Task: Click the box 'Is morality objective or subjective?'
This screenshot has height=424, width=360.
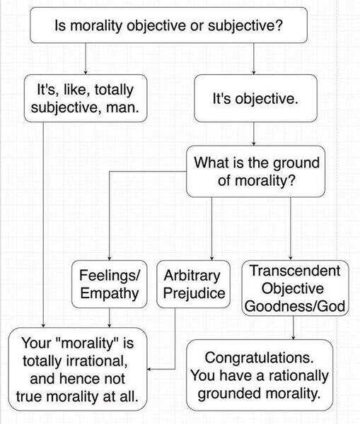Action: (x=168, y=25)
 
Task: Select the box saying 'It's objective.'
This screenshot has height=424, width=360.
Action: (x=255, y=98)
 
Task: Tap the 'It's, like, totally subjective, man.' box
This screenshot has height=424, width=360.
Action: (x=86, y=98)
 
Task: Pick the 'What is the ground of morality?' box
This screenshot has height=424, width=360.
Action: (x=255, y=172)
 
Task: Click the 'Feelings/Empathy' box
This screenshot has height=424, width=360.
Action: (x=110, y=284)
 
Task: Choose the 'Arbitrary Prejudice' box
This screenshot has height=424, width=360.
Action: (x=194, y=284)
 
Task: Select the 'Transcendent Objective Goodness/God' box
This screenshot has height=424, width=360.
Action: (x=295, y=288)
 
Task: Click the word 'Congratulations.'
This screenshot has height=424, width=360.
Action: (x=259, y=358)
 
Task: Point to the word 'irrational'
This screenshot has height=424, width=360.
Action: (x=94, y=360)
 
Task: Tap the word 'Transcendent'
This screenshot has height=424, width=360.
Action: (x=295, y=271)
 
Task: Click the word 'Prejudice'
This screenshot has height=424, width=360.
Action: (x=194, y=293)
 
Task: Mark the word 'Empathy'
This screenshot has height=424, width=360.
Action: (x=110, y=293)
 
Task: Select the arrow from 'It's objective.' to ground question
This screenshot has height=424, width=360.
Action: (x=254, y=134)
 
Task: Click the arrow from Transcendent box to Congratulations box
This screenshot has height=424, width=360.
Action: (x=294, y=328)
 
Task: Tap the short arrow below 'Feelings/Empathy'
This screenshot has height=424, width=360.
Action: (x=110, y=318)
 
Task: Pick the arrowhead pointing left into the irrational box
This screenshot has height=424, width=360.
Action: (x=149, y=369)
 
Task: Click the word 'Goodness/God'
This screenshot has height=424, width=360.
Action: (x=295, y=306)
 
